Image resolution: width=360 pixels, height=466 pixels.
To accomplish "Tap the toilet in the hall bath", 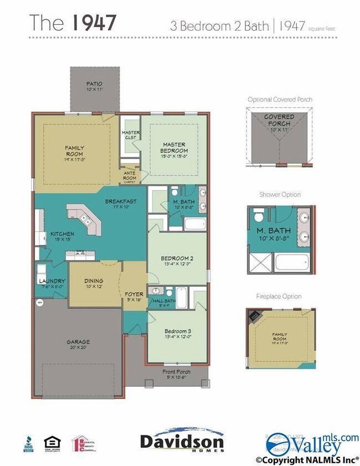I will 156,291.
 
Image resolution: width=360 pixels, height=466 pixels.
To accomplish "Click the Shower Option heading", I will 280,195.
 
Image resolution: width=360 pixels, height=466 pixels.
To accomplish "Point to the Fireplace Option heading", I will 280,297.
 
